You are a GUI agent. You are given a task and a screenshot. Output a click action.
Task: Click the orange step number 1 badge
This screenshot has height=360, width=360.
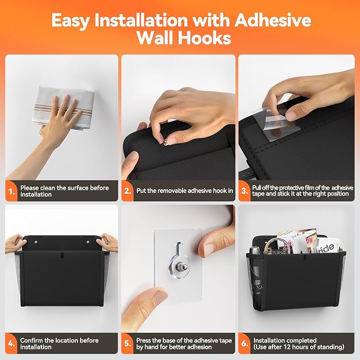11,190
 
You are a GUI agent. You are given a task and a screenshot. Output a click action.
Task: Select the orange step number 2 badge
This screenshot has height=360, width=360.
128,190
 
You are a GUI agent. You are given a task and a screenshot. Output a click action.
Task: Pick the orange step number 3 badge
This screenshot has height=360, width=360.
244,190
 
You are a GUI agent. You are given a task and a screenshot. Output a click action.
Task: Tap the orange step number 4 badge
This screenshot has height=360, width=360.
11,343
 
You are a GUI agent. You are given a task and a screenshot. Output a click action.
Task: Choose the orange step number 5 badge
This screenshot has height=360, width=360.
128,343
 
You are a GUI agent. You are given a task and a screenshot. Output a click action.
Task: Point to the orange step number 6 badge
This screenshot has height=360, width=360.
244,343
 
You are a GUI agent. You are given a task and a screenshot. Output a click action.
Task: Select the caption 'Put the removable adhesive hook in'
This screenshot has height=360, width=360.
186,190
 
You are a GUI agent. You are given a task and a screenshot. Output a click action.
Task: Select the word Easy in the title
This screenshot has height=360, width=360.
73,21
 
